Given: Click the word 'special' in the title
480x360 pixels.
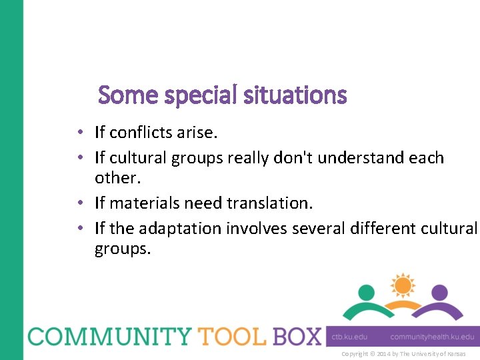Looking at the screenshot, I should click(x=197, y=96).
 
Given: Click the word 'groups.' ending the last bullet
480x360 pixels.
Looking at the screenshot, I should click(x=123, y=249).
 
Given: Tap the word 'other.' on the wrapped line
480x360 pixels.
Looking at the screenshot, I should click(x=115, y=178).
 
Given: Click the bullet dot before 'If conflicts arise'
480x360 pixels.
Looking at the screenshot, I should click(x=80, y=133).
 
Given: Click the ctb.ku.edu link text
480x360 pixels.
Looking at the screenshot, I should click(x=350, y=337).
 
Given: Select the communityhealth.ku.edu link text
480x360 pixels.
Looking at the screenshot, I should click(x=432, y=337).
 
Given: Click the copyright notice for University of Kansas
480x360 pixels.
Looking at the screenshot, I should click(x=403, y=353).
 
